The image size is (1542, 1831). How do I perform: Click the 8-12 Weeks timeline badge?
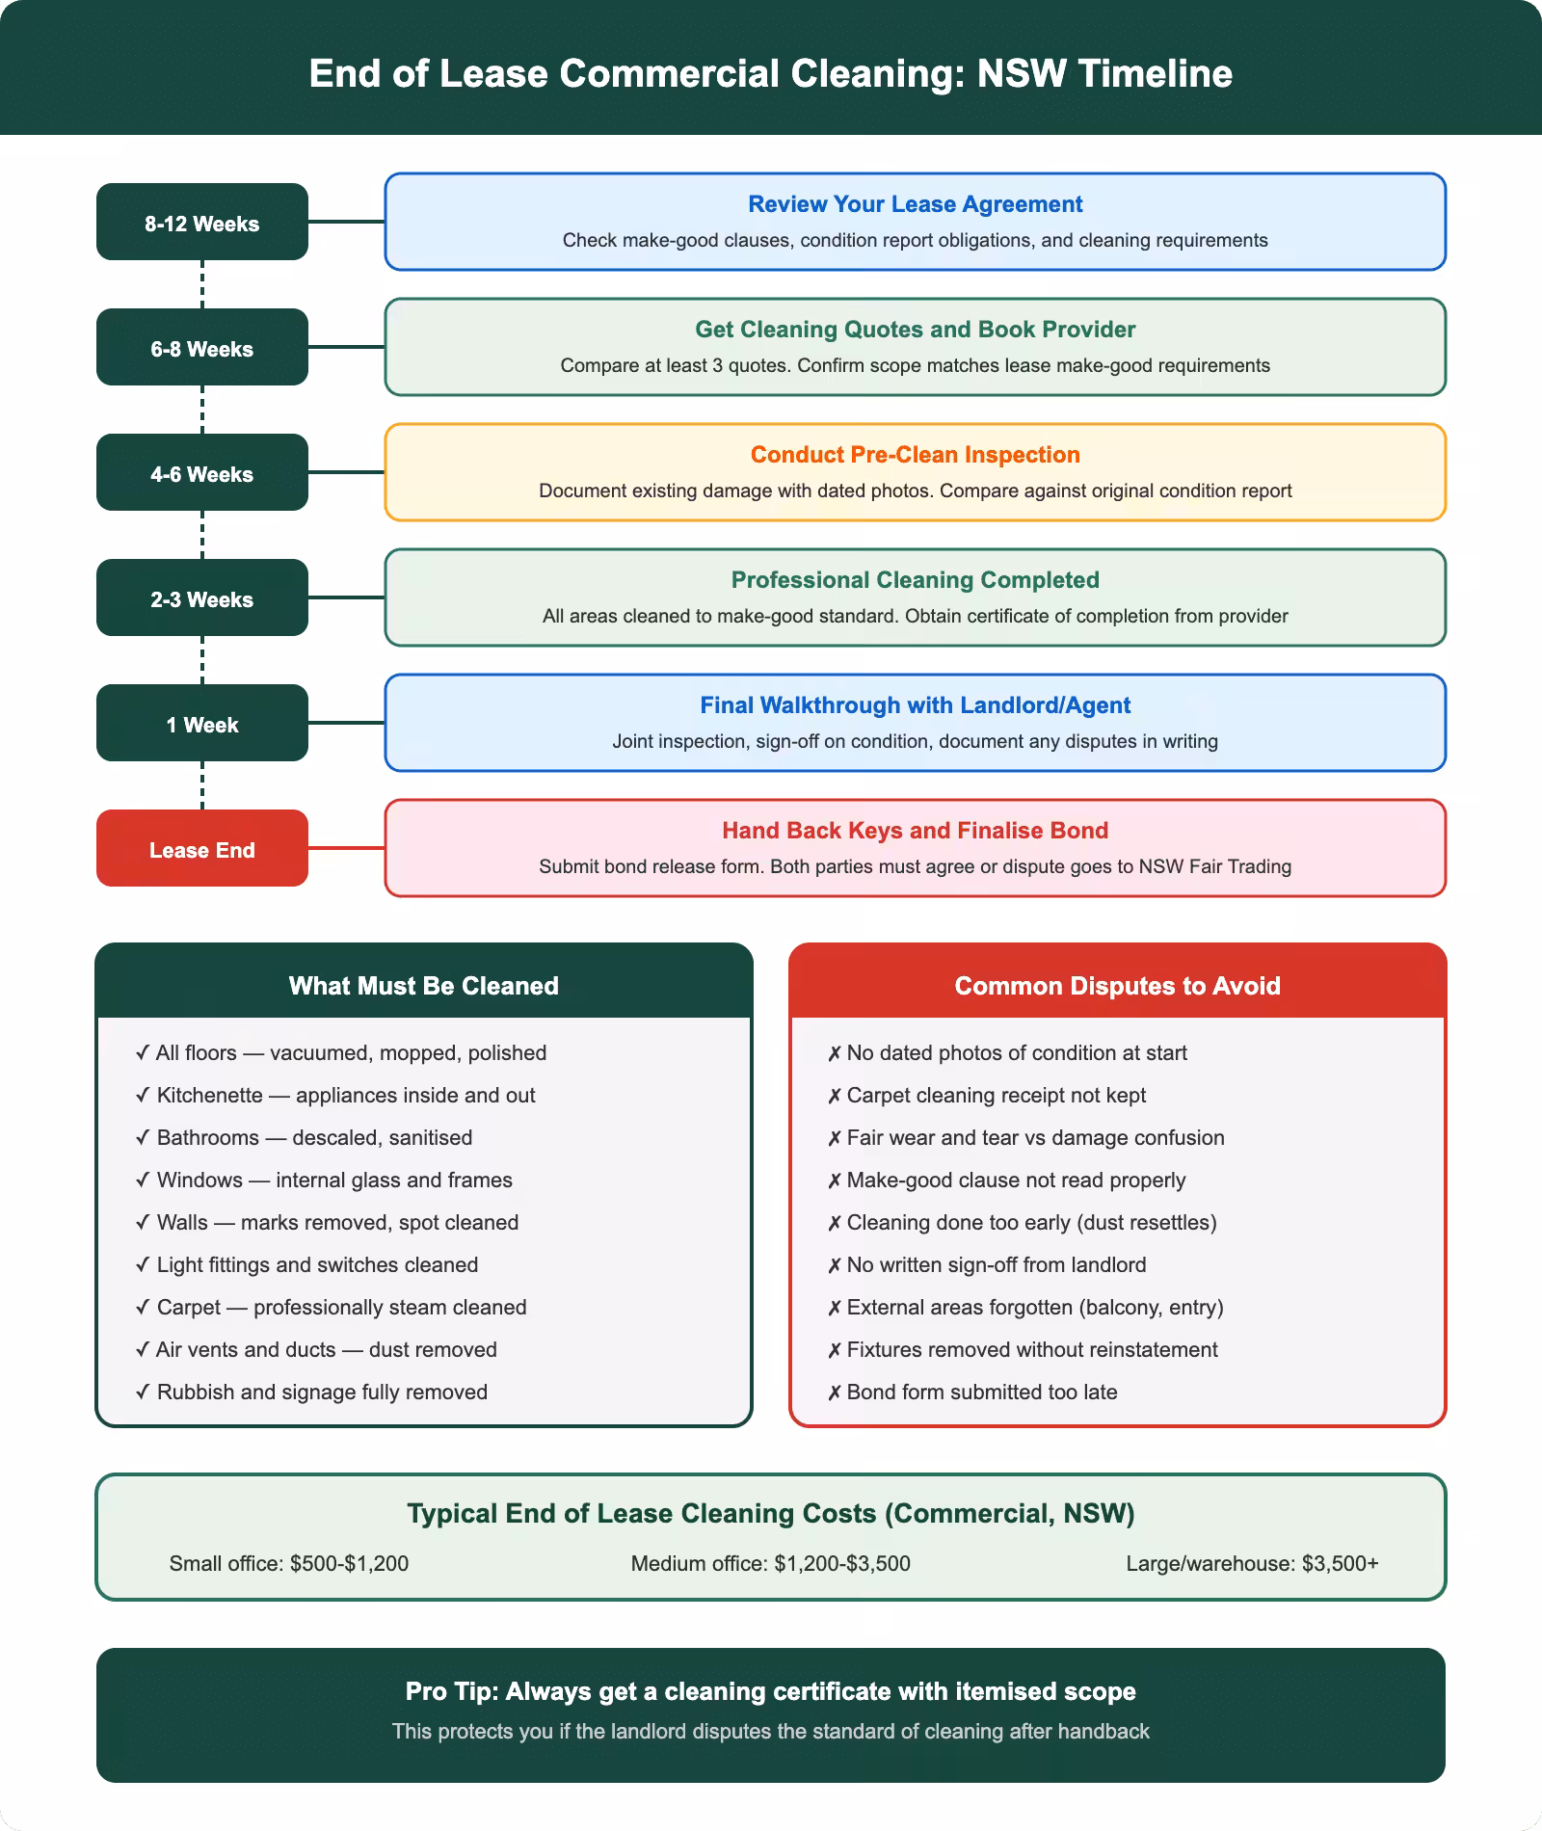coord(202,223)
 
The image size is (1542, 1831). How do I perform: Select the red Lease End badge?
coord(202,849)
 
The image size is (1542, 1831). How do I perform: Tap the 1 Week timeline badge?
coord(202,724)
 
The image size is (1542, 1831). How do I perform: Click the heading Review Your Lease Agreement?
coord(915,204)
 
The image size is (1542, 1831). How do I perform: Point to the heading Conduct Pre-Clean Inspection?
coord(915,455)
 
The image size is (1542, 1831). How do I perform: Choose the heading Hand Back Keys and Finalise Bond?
coord(915,831)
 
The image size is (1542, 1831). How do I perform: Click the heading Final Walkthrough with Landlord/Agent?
coord(915,705)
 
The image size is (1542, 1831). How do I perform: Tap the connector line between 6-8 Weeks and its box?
coord(346,347)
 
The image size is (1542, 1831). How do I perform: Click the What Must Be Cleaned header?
coord(423,985)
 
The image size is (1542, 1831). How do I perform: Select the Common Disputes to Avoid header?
coord(1117,985)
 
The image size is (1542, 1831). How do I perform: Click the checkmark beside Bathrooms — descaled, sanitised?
coord(143,1138)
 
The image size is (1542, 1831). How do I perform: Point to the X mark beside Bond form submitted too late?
coord(835,1393)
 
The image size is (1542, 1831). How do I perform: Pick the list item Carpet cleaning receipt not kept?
coord(996,1096)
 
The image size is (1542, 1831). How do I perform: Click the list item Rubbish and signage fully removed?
coord(322,1393)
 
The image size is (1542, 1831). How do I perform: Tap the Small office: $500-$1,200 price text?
coord(289,1563)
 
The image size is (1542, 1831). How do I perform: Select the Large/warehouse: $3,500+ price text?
coord(1252,1563)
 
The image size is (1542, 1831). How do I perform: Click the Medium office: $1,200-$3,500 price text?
coord(770,1563)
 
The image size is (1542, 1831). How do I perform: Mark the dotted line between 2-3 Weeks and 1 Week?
coord(202,660)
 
